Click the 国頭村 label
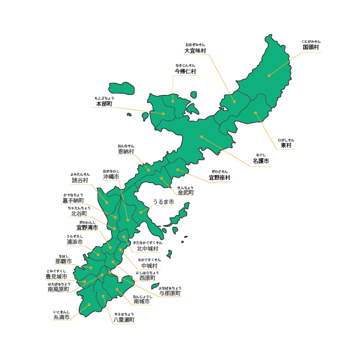pyautogui.click(x=311, y=47)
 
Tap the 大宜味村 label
pyautogui.click(x=195, y=51)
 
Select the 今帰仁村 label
pyautogui.click(x=185, y=71)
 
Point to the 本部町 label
pyautogui.click(x=104, y=104)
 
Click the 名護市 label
pyautogui.click(x=261, y=161)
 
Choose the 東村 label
pyautogui.click(x=286, y=145)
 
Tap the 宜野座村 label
pyautogui.click(x=219, y=178)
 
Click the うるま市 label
pyautogui.click(x=163, y=202)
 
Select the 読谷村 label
pyautogui.click(x=80, y=180)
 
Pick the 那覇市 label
pyautogui.click(x=63, y=261)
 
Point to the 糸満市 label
pyautogui.click(x=62, y=317)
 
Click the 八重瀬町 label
pyautogui.click(x=123, y=320)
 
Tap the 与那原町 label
pyautogui.click(x=170, y=293)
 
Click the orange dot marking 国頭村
pyautogui.click(x=269, y=76)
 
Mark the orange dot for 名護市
pyautogui.click(x=202, y=136)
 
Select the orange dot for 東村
pyautogui.click(x=255, y=113)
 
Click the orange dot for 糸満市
pyautogui.click(x=89, y=305)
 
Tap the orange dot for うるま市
pyautogui.click(x=140, y=212)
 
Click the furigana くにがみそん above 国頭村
pyautogui.click(x=311, y=41)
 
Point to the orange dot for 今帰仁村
pyautogui.click(x=173, y=101)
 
